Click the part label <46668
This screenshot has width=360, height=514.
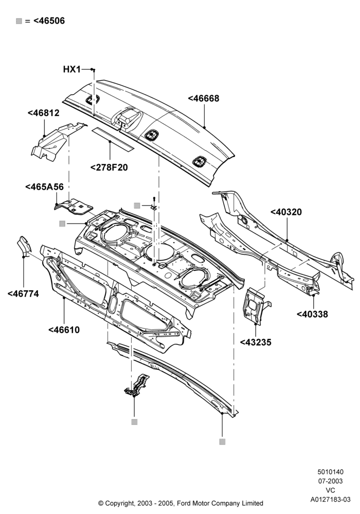point(204,98)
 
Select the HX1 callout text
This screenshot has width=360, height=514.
point(72,69)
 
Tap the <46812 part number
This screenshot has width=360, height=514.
point(44,113)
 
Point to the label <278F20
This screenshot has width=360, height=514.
point(109,168)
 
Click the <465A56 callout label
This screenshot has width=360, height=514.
point(44,187)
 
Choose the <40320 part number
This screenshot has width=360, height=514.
point(286,212)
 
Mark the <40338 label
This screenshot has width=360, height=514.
point(312,315)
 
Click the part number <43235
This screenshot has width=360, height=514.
point(256,342)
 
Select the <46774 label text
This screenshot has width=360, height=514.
point(23,294)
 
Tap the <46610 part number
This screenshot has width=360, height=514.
point(64,330)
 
